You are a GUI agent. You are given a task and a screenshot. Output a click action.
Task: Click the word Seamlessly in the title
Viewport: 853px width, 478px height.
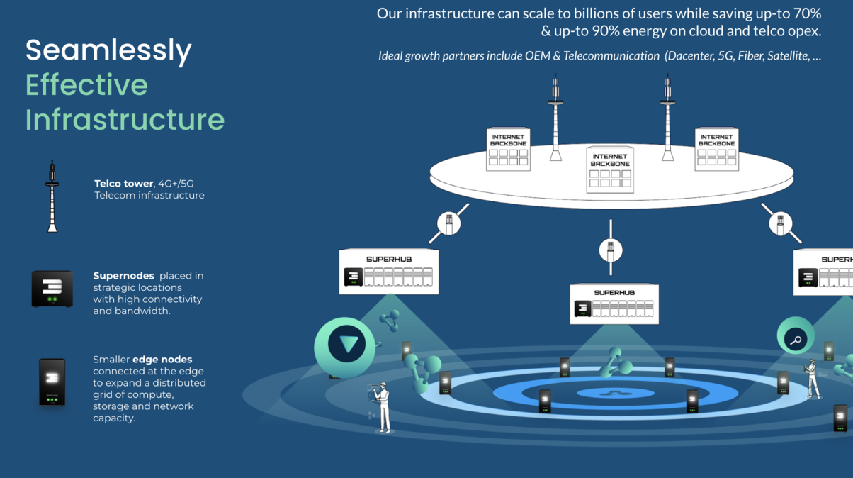(108, 50)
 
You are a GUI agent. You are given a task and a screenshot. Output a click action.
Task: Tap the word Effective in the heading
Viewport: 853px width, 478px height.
(87, 84)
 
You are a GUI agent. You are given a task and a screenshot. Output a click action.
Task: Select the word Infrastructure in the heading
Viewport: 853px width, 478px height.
(125, 119)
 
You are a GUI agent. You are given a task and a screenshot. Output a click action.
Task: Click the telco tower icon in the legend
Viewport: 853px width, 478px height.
(52, 196)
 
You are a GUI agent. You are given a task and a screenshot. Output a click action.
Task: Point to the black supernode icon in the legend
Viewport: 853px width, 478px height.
(52, 289)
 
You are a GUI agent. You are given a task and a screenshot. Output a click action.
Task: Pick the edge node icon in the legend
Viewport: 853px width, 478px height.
(52, 382)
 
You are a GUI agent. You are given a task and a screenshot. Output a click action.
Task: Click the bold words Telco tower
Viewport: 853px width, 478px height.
(124, 184)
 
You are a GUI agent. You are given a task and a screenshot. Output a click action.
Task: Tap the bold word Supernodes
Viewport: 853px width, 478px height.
(124, 276)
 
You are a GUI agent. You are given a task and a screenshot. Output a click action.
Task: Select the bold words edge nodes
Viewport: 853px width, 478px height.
(162, 360)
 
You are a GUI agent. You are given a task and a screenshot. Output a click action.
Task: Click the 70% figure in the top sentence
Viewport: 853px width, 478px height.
(808, 13)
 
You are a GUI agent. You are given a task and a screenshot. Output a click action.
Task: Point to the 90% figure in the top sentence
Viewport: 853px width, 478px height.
(606, 31)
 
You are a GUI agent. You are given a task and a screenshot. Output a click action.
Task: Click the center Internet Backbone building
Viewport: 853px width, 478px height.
(610, 169)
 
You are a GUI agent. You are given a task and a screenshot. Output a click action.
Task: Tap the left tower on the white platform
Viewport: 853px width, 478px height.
(555, 118)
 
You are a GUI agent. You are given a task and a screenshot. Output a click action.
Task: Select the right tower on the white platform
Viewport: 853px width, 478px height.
(667, 118)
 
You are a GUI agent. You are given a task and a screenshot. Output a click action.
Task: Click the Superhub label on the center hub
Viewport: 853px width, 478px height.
(614, 293)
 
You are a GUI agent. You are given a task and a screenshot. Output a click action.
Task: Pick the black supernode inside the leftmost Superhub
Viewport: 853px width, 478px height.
(354, 277)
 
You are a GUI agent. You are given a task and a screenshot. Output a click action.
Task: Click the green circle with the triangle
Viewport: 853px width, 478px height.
(345, 348)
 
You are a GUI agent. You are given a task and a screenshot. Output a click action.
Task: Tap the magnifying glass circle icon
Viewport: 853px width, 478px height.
(796, 336)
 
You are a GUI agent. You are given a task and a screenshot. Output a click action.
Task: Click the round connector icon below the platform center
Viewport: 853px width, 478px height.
(611, 250)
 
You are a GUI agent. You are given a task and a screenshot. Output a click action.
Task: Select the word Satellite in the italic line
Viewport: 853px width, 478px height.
(788, 56)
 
